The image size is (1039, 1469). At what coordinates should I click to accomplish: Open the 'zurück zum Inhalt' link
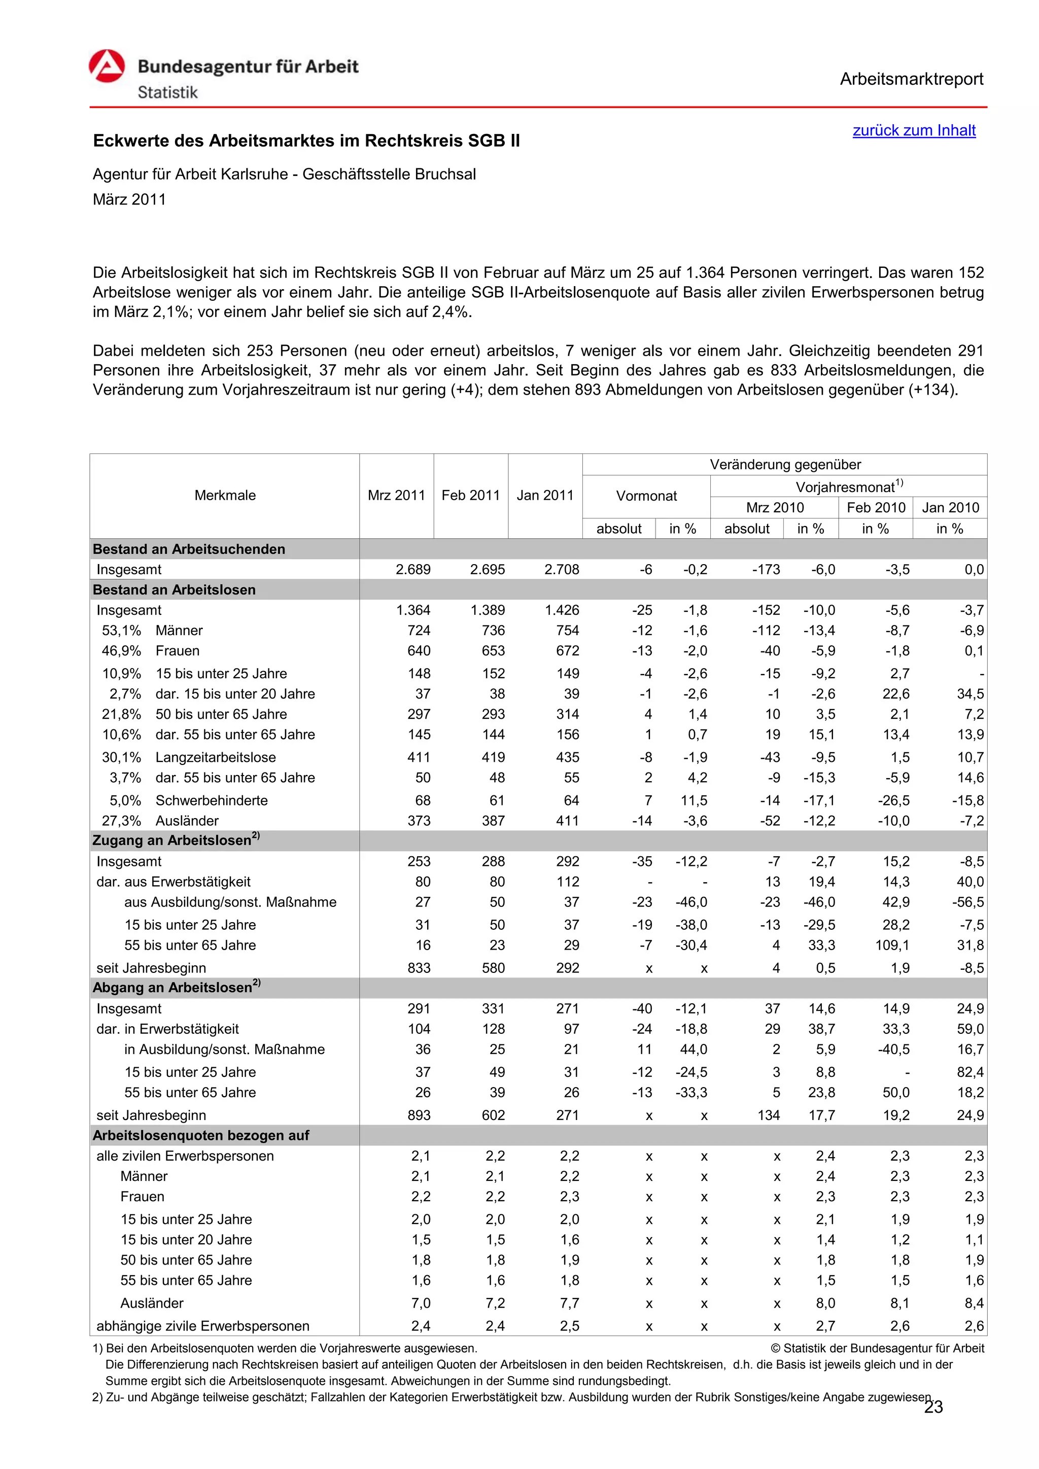pyautogui.click(x=914, y=130)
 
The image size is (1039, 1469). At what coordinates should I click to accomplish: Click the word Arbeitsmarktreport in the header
pyautogui.click(x=911, y=79)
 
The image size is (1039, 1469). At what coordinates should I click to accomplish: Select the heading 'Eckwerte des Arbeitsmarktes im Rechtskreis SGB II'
pyautogui.click(x=306, y=141)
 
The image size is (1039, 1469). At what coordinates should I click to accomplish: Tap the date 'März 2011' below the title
pyautogui.click(x=129, y=200)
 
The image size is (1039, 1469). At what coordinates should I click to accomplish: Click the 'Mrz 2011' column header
pyautogui.click(x=396, y=495)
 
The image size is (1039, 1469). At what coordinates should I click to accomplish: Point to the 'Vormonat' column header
pyautogui.click(x=646, y=496)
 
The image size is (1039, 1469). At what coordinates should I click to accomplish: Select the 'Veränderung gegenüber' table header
pyautogui.click(x=785, y=465)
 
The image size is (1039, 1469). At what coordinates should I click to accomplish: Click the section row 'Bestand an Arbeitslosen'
pyautogui.click(x=174, y=590)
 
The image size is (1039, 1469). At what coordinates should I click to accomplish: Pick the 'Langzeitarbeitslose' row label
pyautogui.click(x=216, y=757)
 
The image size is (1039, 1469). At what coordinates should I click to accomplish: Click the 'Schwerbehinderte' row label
pyautogui.click(x=212, y=800)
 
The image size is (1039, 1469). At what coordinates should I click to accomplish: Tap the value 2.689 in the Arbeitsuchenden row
pyautogui.click(x=413, y=570)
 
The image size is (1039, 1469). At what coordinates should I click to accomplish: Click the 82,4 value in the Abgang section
pyautogui.click(x=970, y=1072)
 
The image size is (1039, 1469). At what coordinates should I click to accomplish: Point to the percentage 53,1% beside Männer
pyautogui.click(x=122, y=631)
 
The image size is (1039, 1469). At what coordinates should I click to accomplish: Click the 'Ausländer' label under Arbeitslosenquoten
pyautogui.click(x=152, y=1303)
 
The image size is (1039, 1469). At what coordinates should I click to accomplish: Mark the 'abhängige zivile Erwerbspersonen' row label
pyautogui.click(x=203, y=1325)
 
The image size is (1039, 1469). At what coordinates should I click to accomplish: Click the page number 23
pyautogui.click(x=933, y=1407)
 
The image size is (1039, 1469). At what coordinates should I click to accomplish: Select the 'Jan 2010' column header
pyautogui.click(x=950, y=507)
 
